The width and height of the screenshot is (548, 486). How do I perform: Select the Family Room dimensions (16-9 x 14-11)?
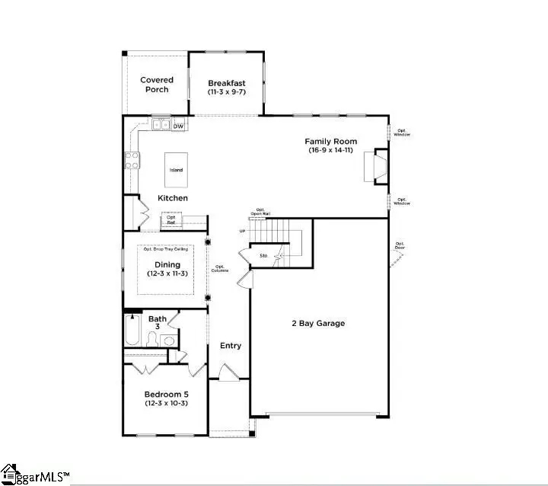pyautogui.click(x=330, y=151)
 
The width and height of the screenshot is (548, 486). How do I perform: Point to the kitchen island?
pyautogui.click(x=176, y=169)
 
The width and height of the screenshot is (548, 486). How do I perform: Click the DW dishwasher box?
pyautogui.click(x=178, y=126)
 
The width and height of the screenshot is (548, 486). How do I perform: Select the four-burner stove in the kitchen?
pyautogui.click(x=132, y=160)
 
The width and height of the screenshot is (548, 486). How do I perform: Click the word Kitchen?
pyautogui.click(x=173, y=198)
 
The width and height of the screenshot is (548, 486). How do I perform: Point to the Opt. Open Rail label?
pyautogui.click(x=260, y=211)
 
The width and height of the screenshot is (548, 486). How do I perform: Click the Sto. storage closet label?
pyautogui.click(x=263, y=255)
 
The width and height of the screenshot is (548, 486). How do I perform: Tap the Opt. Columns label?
pyautogui.click(x=220, y=268)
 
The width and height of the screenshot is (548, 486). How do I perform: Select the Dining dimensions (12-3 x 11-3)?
pyautogui.click(x=167, y=275)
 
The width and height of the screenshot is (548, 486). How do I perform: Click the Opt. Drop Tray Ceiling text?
pyautogui.click(x=167, y=249)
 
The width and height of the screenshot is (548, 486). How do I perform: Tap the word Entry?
pyautogui.click(x=231, y=346)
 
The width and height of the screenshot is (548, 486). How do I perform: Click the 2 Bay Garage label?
pyautogui.click(x=319, y=323)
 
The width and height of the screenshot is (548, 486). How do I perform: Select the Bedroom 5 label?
pyautogui.click(x=167, y=394)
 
